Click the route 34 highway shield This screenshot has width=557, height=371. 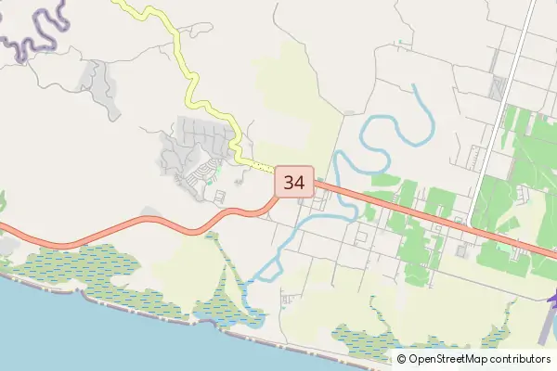pyautogui.click(x=294, y=182)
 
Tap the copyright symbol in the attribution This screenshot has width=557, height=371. pyautogui.click(x=402, y=359)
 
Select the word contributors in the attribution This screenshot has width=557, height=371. pyautogui.click(x=521, y=359)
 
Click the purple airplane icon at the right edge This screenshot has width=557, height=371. pyautogui.click(x=553, y=299)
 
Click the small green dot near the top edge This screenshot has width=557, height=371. pyautogui.click(x=400, y=42)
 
